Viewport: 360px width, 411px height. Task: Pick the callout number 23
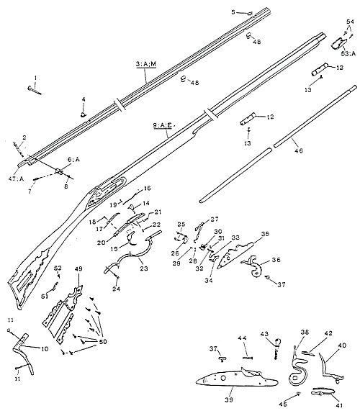pos(144,268)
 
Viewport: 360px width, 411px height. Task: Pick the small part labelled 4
pos(84,113)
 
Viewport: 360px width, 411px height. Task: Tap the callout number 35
pos(264,234)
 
